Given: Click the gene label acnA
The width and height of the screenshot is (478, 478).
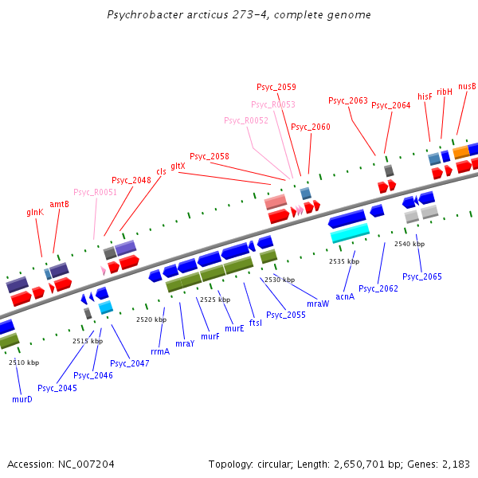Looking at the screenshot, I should pyautogui.click(x=345, y=296).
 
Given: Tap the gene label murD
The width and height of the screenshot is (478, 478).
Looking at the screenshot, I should pyautogui.click(x=22, y=398).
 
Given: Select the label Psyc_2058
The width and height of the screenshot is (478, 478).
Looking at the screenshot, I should pyautogui.click(x=210, y=156).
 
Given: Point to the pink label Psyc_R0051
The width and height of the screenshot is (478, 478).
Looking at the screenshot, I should pyautogui.click(x=95, y=192).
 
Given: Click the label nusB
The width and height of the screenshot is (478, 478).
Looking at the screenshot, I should pyautogui.click(x=467, y=86).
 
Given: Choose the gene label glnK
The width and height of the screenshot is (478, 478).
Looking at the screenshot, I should pyautogui.click(x=35, y=212).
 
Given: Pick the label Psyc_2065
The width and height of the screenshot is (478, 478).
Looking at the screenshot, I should pyautogui.click(x=422, y=276).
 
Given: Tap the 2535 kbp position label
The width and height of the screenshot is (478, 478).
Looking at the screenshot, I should pyautogui.click(x=344, y=261).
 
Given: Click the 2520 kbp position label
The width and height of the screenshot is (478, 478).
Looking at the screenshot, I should pyautogui.click(x=151, y=319).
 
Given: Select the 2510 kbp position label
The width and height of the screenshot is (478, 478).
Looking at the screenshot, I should pyautogui.click(x=24, y=362).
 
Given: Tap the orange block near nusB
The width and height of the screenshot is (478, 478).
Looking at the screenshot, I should pyautogui.click(x=461, y=151).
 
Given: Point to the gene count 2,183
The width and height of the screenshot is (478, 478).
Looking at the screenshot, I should pyautogui.click(x=456, y=464).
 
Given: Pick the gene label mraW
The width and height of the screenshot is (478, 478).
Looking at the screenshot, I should pyautogui.click(x=318, y=304).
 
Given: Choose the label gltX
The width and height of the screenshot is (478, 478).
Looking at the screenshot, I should pyautogui.click(x=178, y=166).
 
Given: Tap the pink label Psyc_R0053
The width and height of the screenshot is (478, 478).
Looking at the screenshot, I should pyautogui.click(x=273, y=104).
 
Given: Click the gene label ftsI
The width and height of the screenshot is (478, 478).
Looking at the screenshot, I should pyautogui.click(x=256, y=323).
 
